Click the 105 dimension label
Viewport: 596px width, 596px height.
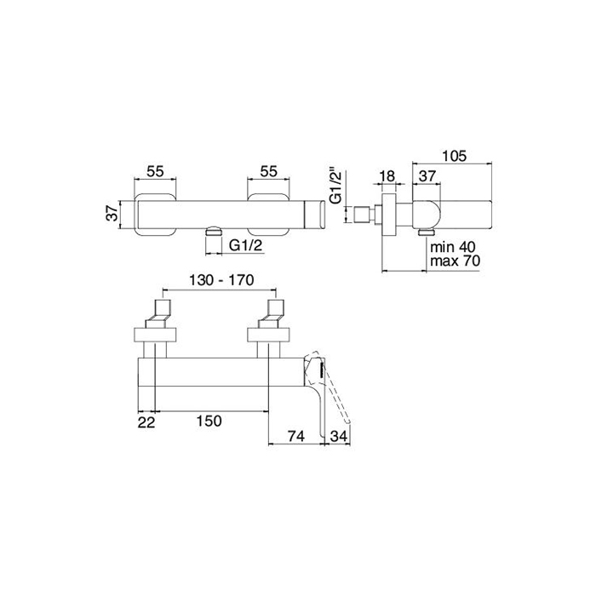454,156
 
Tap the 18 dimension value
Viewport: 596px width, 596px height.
387,176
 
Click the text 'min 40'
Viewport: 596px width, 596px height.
453,247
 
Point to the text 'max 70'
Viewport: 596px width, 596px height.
455,261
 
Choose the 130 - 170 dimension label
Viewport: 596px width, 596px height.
221,280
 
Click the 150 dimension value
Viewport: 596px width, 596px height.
209,421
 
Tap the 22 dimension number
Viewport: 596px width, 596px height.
146,422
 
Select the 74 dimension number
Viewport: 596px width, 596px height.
295,436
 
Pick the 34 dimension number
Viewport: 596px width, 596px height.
339,436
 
